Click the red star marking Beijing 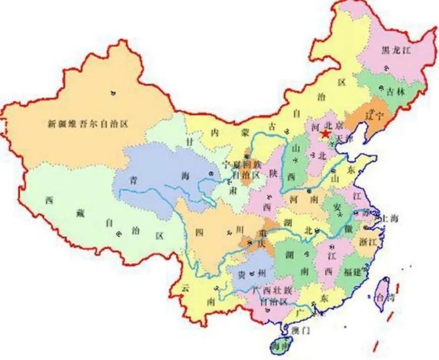coord(325,135)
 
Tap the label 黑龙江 coord(396,50)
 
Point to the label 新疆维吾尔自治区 coord(88,124)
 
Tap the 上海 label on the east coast coord(390,218)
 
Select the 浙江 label coord(371,241)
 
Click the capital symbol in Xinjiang coord(112,92)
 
